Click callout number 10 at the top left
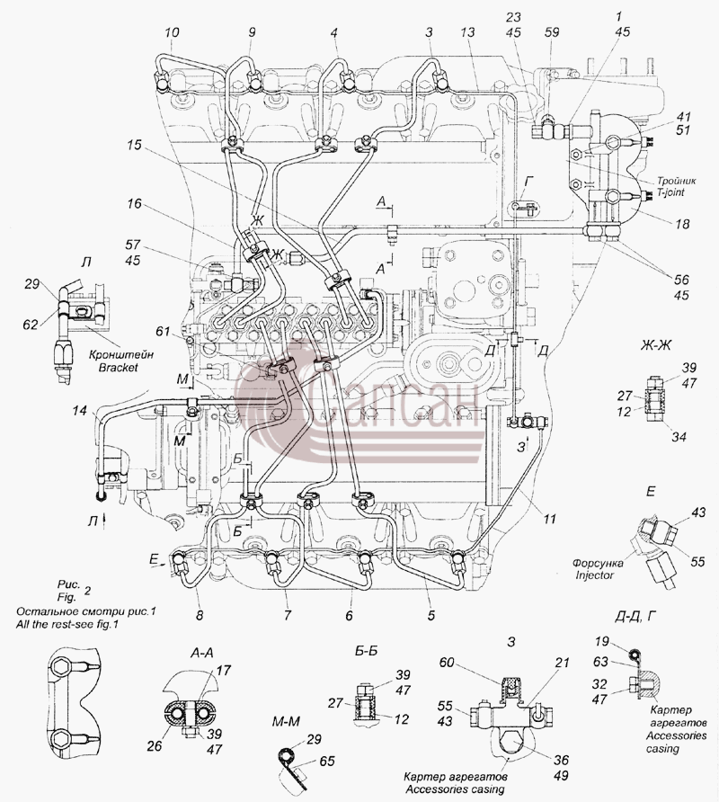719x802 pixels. pos(173,32)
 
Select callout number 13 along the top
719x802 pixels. pos(467,32)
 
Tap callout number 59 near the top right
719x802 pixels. pos(552,32)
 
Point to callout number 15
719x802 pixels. pos(134,146)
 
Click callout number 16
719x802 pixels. pos(134,204)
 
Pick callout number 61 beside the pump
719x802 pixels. pos(163,332)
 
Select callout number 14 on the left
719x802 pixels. pos(79,410)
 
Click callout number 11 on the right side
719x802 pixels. pos(549,519)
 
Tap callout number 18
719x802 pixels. pos(682,224)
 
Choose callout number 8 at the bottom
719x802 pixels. pos(200,615)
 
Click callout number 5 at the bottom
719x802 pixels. pos(431,615)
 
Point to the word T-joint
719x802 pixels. pos(670,192)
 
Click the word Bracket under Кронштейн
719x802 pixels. pos(118,367)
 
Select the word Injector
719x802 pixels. pos(594,575)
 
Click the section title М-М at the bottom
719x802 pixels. pos(286,721)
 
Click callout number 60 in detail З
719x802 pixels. pos(447,663)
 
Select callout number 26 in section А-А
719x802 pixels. pos(154,746)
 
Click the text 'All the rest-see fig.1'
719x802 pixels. pos(67,624)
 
